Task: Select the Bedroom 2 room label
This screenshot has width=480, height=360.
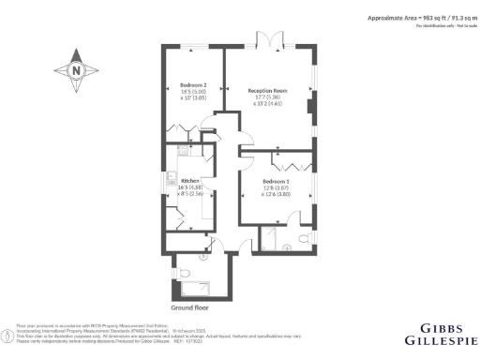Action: click(194, 85)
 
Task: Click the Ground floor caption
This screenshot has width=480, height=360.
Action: click(190, 307)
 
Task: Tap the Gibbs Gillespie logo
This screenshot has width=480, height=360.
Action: click(439, 332)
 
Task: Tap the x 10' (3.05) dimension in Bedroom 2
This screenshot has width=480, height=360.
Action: click(193, 99)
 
